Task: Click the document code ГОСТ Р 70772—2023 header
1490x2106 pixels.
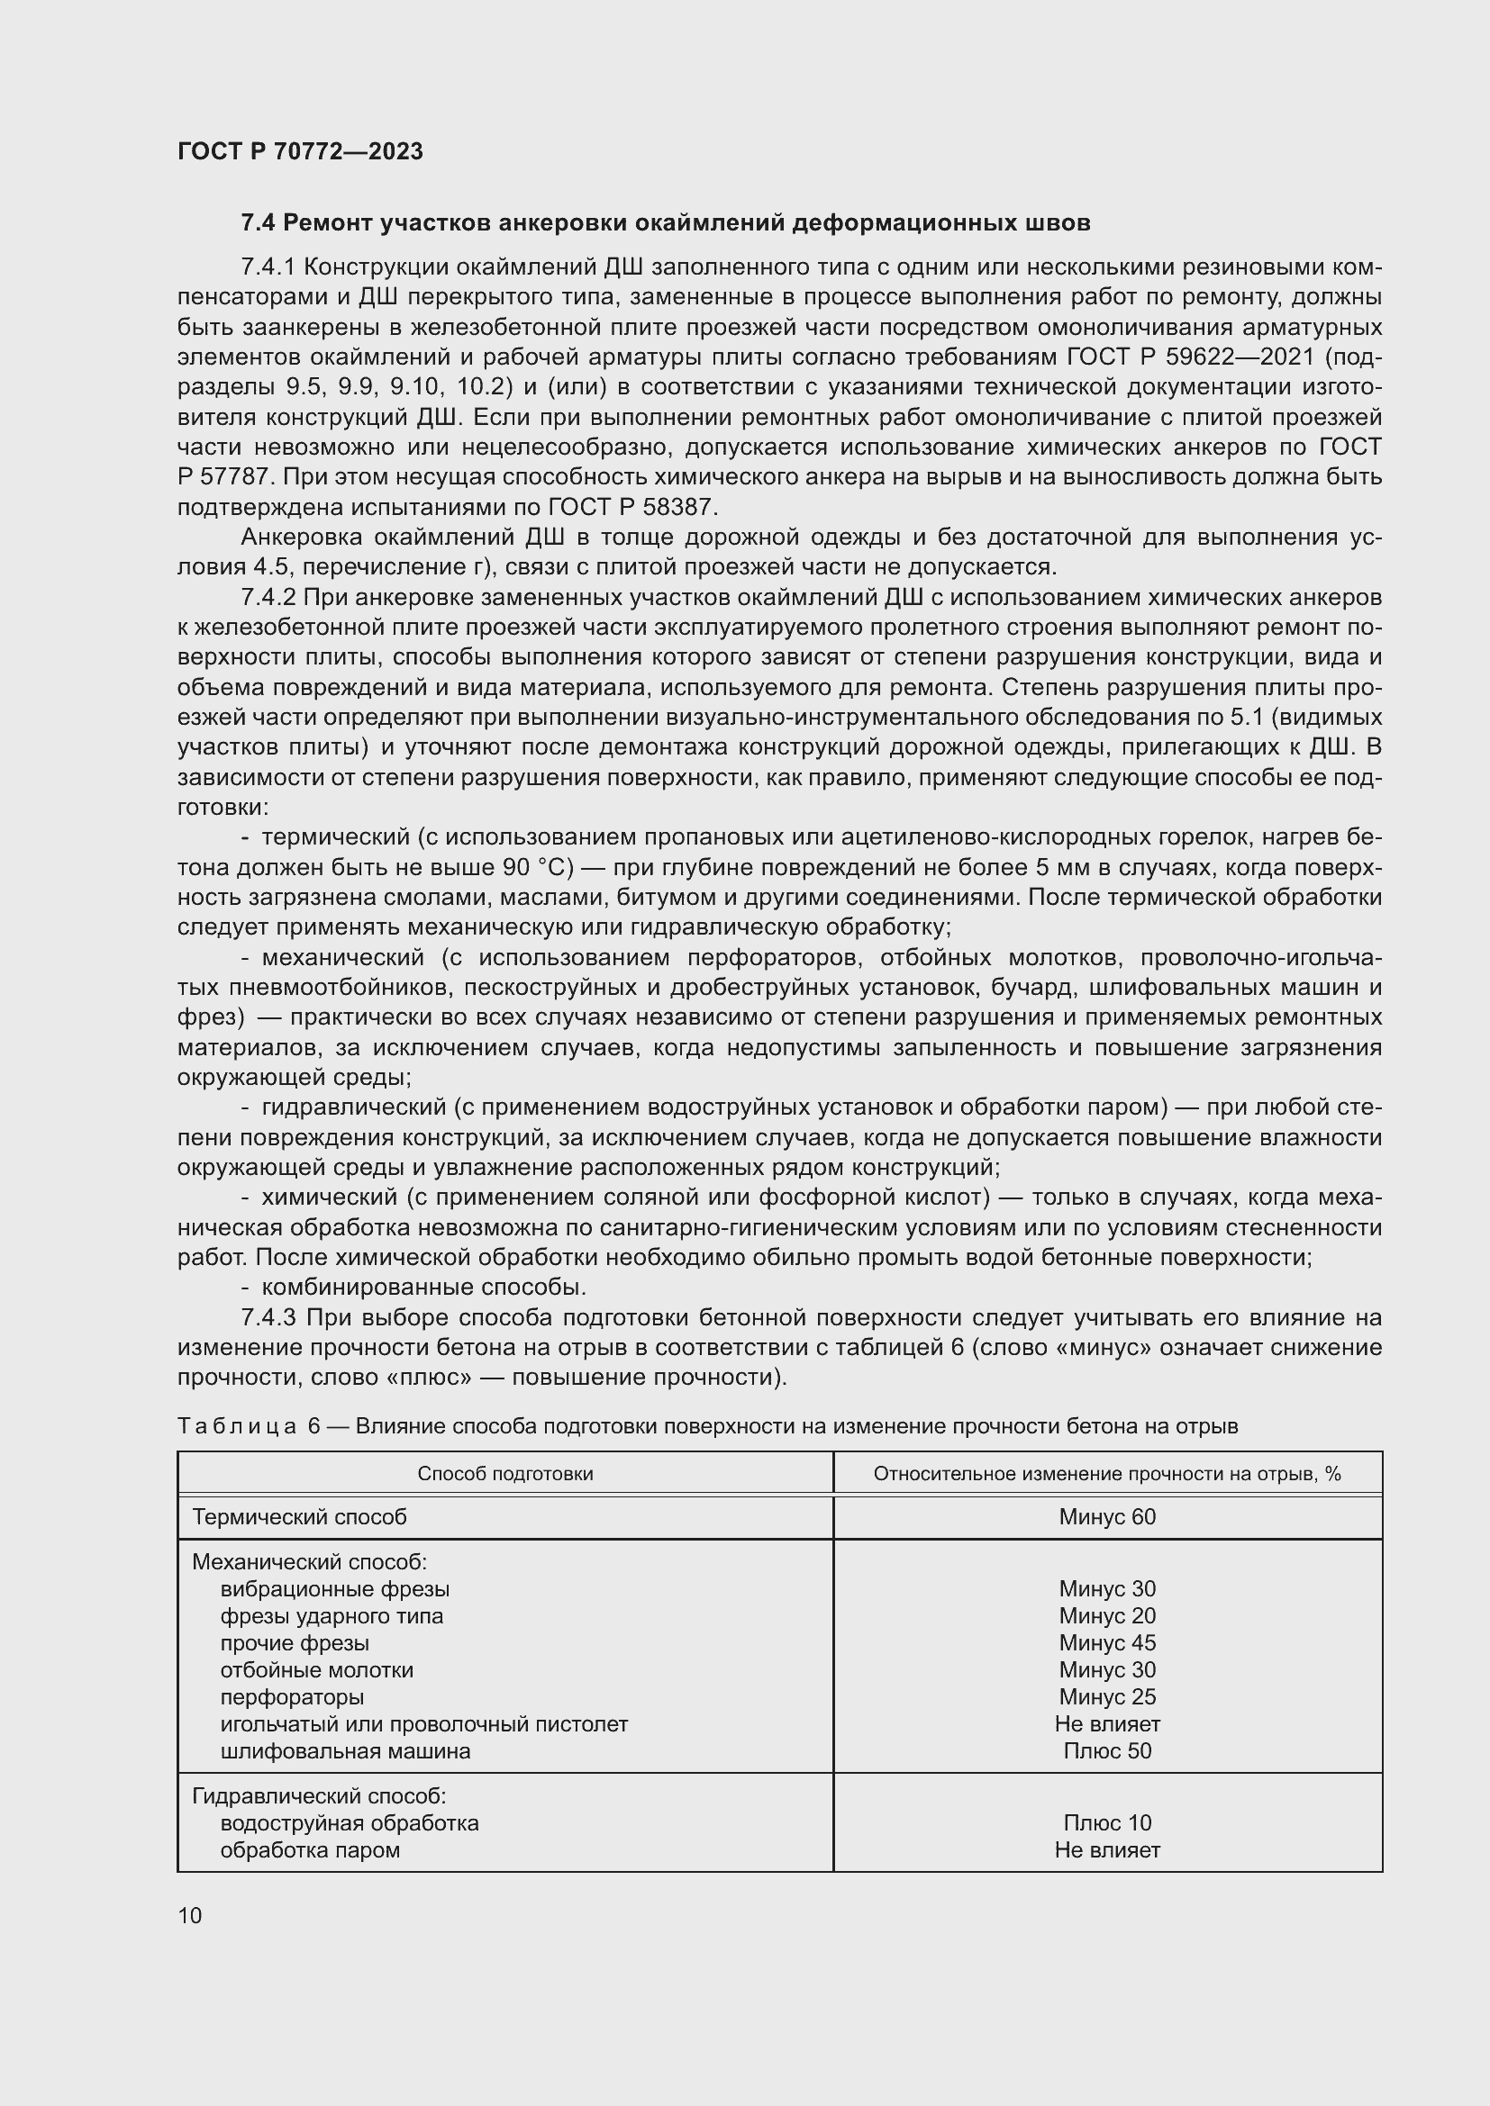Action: [300, 151]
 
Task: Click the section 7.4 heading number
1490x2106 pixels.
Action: [259, 223]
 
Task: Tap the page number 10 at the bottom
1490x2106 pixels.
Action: [190, 1915]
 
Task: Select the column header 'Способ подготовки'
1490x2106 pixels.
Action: [504, 1474]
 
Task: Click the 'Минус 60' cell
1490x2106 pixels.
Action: [1106, 1517]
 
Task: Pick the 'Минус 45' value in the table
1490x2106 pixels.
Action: [1106, 1643]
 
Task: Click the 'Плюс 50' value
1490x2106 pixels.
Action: [1106, 1751]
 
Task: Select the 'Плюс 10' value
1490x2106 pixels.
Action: [1106, 1822]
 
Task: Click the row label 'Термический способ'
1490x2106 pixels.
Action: [299, 1517]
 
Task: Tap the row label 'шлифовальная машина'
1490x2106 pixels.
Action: [345, 1751]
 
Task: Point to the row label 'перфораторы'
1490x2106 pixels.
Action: [292, 1697]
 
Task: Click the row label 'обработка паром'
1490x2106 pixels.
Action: [310, 1850]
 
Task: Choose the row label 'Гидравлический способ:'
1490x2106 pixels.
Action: [318, 1796]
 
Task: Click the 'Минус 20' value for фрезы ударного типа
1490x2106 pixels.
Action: [1106, 1616]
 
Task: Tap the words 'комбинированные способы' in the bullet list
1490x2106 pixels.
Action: [423, 1287]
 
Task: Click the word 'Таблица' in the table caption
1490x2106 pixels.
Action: [237, 1426]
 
